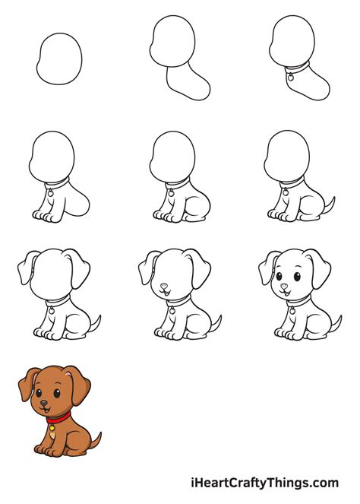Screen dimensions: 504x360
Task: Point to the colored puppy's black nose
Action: click(x=43, y=403)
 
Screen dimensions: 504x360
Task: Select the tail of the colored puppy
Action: click(x=96, y=440)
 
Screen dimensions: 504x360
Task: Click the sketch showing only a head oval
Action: click(x=58, y=58)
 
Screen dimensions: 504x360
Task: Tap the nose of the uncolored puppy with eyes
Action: click(x=284, y=287)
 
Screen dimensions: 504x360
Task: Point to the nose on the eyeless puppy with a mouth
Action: click(x=164, y=287)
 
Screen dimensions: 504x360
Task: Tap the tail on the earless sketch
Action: click(x=330, y=204)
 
